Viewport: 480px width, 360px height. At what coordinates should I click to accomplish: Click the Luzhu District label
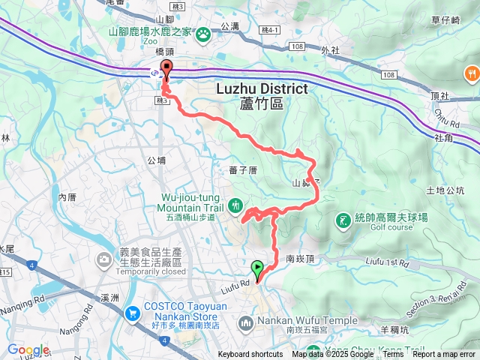(262, 88)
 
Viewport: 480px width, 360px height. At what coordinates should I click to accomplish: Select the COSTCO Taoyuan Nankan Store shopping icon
(133, 313)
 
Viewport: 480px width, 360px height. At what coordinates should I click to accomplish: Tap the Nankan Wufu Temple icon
(245, 323)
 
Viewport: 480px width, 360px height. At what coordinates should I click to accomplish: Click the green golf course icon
(343, 220)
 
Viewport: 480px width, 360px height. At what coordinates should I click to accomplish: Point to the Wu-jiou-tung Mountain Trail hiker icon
(235, 204)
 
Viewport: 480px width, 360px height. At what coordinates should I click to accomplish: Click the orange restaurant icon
(471, 73)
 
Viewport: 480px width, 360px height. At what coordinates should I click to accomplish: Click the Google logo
(28, 350)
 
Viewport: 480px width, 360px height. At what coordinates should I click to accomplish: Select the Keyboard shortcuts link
(250, 355)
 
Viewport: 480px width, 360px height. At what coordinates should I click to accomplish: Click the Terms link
(393, 355)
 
